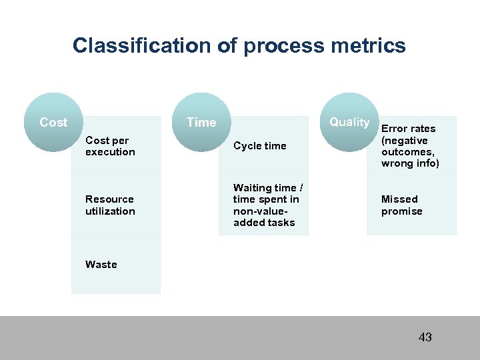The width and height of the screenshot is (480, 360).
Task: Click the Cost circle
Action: pos(53,122)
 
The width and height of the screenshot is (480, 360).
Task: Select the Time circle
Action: pos(201,122)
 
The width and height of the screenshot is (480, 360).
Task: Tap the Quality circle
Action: pos(349,122)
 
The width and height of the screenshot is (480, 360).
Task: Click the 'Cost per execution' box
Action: pos(116,146)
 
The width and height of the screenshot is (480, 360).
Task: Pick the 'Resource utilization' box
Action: pos(116,205)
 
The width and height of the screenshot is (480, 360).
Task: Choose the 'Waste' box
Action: pos(116,265)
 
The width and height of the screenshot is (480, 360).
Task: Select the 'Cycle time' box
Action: pos(264,146)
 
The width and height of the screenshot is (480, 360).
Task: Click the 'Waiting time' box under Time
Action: pos(264,205)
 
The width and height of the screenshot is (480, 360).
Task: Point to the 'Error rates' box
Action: pos(411,146)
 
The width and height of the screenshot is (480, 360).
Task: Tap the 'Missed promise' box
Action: pos(411,205)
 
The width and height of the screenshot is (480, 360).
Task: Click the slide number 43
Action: pos(425,337)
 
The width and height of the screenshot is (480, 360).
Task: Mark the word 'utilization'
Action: pos(110,211)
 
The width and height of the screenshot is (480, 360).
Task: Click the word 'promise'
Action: pos(402,211)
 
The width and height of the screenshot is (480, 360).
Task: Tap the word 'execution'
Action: pos(110,152)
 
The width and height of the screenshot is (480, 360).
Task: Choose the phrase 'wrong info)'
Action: pos(410,163)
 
